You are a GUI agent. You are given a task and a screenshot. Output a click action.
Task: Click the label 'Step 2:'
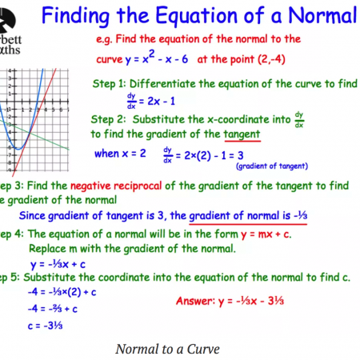coord(110,119)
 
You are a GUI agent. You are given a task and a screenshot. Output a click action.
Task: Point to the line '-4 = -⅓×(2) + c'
coord(63,293)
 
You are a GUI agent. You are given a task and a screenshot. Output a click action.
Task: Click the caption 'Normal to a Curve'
coord(167,349)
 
